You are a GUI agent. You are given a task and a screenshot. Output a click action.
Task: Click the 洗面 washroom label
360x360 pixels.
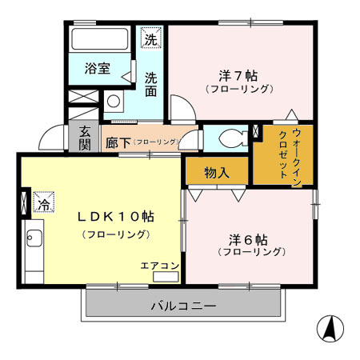coord(151,86)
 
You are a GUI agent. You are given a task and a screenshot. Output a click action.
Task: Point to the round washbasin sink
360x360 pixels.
coord(114,102)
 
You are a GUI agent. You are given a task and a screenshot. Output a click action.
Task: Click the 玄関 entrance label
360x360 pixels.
coord(85,138)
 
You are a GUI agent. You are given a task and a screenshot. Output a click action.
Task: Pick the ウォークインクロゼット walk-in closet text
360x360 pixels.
coord(290,156)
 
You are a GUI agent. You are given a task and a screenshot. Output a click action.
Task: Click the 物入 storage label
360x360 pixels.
coord(216,172)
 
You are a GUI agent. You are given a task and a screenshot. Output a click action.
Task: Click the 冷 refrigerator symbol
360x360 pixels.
coord(44,203)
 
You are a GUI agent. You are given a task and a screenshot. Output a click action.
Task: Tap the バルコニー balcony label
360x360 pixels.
coord(183,306)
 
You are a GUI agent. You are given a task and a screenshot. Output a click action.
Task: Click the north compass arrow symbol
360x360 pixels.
coord(328,328)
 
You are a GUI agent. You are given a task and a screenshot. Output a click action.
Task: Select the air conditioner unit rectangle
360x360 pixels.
coord(166,278)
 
